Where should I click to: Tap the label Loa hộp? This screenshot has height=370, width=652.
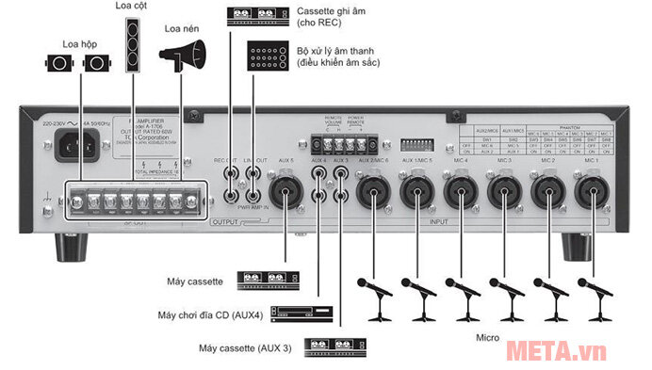[x=79, y=43]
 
